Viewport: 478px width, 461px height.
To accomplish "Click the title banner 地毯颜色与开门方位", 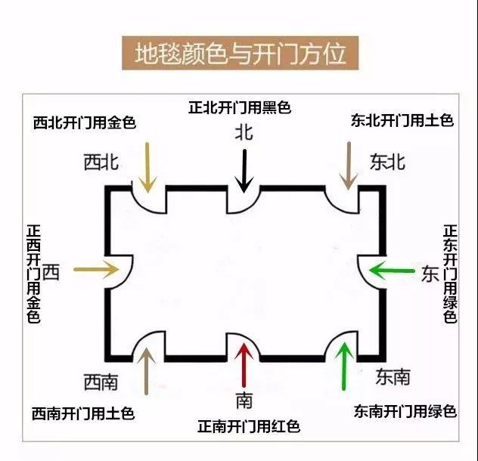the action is [x=240, y=53].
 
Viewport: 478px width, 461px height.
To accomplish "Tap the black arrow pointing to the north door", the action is [x=244, y=171].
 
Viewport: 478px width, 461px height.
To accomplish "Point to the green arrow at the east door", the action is [x=392, y=271].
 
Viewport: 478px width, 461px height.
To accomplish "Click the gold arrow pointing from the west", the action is [x=96, y=269].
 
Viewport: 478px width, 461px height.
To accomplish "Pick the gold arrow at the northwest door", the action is [x=147, y=168].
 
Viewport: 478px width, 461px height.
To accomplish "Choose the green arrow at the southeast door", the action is [x=344, y=366].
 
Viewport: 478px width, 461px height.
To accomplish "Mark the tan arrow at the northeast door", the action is [x=349, y=166].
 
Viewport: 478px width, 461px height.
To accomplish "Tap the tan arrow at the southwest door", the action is [x=147, y=371].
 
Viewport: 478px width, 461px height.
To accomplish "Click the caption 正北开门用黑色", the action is [x=240, y=107].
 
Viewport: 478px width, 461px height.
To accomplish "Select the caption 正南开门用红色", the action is [x=249, y=426].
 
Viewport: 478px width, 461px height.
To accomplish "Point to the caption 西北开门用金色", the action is [x=85, y=122].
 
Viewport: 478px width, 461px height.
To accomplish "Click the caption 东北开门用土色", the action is [x=402, y=120].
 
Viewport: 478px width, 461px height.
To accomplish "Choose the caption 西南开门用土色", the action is [x=83, y=413].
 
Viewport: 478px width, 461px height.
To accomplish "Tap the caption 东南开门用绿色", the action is [x=405, y=411].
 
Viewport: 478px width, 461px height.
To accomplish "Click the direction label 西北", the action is [x=101, y=162].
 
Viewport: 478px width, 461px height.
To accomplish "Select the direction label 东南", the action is [x=393, y=376].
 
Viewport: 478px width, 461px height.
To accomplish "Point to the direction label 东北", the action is [x=387, y=162].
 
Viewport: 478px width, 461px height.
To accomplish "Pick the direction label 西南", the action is [x=101, y=382].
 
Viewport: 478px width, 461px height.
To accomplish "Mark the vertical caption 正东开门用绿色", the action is [x=450, y=274].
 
